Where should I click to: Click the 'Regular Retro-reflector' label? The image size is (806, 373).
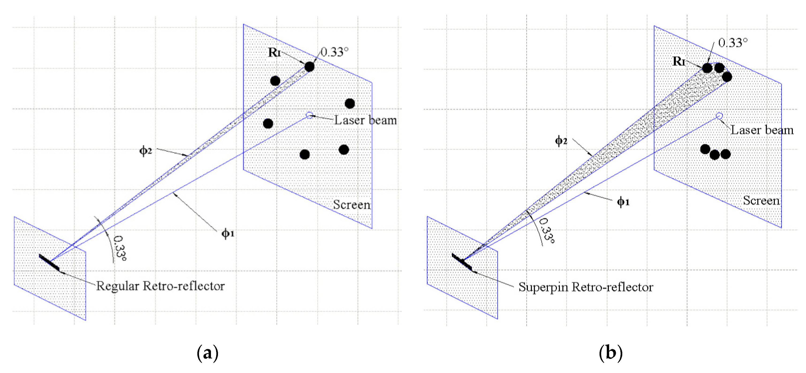(160, 286)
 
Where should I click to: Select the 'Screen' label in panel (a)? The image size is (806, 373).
(352, 205)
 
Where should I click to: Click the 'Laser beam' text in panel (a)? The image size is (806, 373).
(365, 120)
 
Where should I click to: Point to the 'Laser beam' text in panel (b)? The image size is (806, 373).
(762, 130)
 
